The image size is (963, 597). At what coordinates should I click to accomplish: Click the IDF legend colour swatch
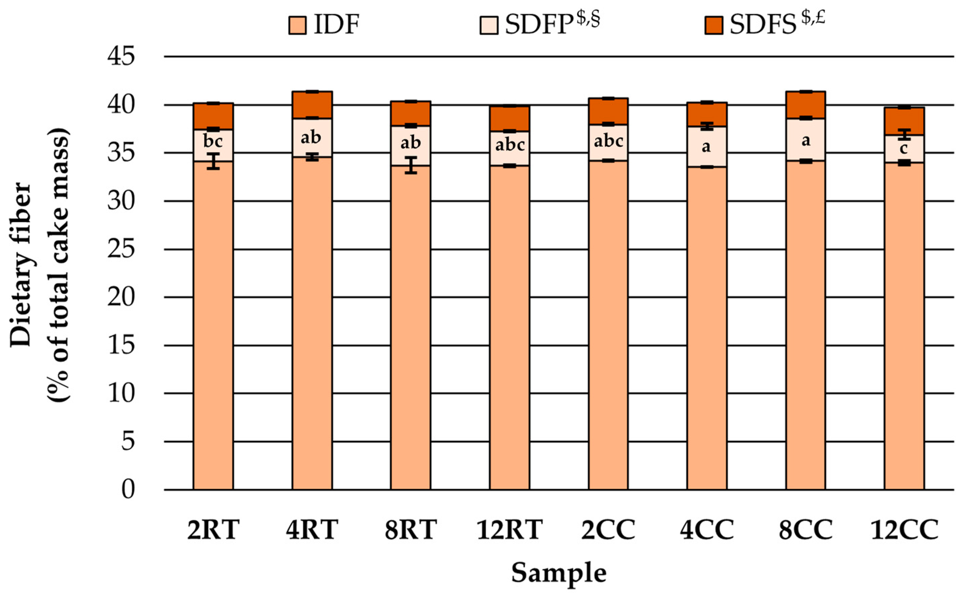(x=297, y=26)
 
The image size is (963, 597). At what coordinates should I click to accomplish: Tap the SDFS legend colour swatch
(x=714, y=26)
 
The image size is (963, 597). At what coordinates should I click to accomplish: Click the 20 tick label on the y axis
(x=121, y=297)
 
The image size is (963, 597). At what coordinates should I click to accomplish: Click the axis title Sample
(x=559, y=573)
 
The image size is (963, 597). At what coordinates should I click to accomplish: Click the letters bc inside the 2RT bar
(x=213, y=141)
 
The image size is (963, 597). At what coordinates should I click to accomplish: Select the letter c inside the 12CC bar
(x=903, y=149)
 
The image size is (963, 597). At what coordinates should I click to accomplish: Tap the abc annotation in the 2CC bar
(x=608, y=141)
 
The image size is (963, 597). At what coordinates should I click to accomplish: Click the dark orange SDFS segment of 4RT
(x=312, y=105)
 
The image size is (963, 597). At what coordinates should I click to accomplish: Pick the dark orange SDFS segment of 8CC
(x=806, y=105)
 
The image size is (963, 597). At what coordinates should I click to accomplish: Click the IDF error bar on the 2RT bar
(x=213, y=161)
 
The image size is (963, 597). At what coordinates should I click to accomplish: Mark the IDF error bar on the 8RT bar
(x=411, y=165)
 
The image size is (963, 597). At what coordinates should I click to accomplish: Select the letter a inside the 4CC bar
(x=706, y=147)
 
